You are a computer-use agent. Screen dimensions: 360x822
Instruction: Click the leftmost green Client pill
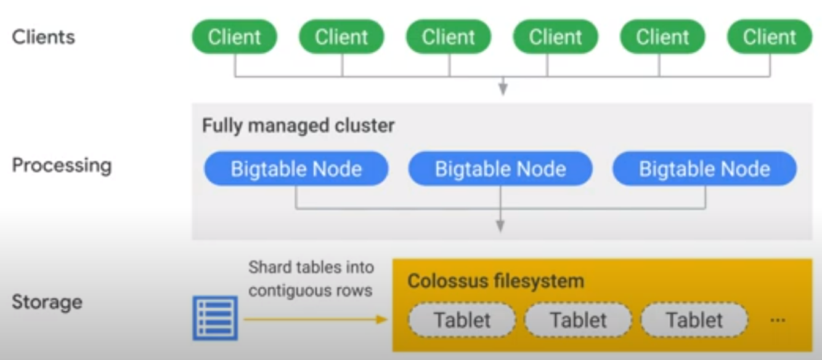(234, 37)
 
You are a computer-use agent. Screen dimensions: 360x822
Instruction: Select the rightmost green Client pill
(770, 37)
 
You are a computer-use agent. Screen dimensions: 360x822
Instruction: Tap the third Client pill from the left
(449, 37)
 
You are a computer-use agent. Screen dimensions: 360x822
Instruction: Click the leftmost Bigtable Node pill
(296, 169)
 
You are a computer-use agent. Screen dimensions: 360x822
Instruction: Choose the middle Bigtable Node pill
(500, 169)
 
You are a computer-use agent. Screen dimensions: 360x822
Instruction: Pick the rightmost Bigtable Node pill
(704, 169)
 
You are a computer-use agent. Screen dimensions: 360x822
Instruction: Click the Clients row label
(43, 37)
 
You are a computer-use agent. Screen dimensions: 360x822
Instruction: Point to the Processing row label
(62, 165)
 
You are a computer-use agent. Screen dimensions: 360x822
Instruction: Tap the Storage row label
(47, 302)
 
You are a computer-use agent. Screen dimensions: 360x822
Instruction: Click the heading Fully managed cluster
(298, 126)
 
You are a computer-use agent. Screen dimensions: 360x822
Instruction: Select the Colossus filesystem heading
(495, 282)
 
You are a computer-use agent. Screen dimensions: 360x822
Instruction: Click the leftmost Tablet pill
(462, 320)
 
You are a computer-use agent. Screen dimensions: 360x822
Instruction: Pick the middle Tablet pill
(578, 320)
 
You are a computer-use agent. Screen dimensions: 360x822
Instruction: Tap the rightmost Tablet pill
(694, 320)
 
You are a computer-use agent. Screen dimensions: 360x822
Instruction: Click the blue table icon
(215, 317)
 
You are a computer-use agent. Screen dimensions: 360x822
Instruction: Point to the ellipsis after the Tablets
(778, 321)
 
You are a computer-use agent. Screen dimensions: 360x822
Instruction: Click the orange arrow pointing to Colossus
(314, 319)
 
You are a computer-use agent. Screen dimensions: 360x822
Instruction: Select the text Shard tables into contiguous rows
(311, 278)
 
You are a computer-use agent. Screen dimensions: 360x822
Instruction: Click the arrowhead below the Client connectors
(503, 89)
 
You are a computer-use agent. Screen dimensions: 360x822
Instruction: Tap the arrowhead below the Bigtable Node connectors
(500, 226)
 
